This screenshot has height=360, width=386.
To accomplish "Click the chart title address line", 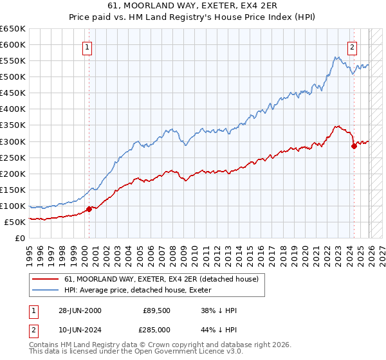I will point(193,6).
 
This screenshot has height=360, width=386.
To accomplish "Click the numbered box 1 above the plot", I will point(87,46).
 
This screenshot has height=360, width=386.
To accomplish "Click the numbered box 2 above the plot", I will point(353,46).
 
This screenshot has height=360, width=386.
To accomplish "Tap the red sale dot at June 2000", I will point(89,209).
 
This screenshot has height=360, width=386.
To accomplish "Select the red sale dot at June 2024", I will point(354,146).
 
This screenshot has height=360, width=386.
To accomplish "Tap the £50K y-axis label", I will point(15,222).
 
